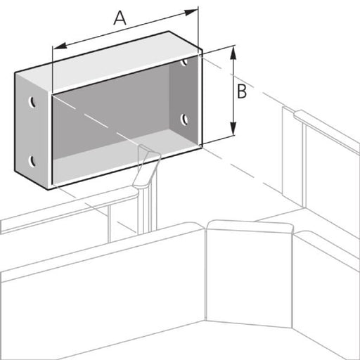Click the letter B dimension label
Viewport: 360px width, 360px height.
click(x=242, y=91)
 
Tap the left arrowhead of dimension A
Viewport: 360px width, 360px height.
click(x=60, y=46)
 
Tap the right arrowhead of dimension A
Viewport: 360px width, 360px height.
click(x=191, y=13)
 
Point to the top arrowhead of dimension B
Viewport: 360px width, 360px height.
click(x=233, y=53)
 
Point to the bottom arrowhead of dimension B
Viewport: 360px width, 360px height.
click(x=233, y=129)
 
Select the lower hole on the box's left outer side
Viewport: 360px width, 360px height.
click(x=32, y=162)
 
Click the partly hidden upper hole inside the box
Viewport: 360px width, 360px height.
click(x=184, y=62)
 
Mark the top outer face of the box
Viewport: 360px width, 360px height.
click(x=107, y=62)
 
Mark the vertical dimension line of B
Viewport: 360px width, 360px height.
click(x=233, y=91)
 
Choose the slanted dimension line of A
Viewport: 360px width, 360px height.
click(x=125, y=30)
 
